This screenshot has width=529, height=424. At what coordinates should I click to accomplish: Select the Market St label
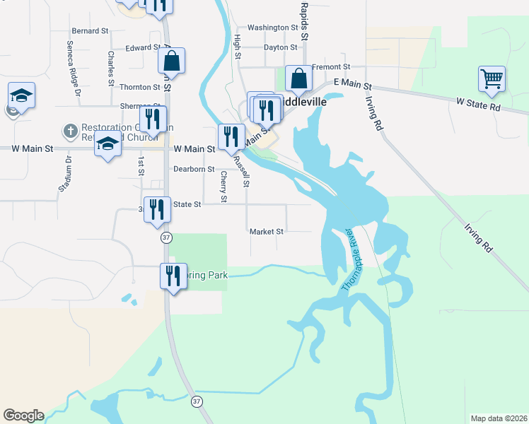(x=267, y=231)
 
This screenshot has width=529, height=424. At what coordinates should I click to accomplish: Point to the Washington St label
(x=273, y=28)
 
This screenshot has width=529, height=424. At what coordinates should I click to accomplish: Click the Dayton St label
(x=280, y=47)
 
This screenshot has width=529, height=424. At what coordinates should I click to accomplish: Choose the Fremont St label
(x=327, y=66)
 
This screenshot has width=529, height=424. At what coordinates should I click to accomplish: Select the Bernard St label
(x=90, y=31)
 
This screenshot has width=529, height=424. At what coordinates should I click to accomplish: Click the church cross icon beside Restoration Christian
(x=69, y=131)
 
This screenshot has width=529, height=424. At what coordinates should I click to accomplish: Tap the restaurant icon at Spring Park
(x=173, y=275)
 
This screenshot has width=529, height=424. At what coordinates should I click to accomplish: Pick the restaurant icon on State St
(x=157, y=208)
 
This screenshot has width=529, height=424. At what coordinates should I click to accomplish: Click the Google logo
(x=23, y=416)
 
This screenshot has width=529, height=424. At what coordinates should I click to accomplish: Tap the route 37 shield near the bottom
(x=197, y=401)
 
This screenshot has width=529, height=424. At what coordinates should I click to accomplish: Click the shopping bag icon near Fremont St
(x=298, y=78)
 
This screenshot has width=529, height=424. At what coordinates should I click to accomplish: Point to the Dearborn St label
(x=194, y=170)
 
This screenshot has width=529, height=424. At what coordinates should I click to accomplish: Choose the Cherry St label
(x=223, y=187)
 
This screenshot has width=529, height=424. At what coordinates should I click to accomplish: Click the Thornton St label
(x=140, y=87)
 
